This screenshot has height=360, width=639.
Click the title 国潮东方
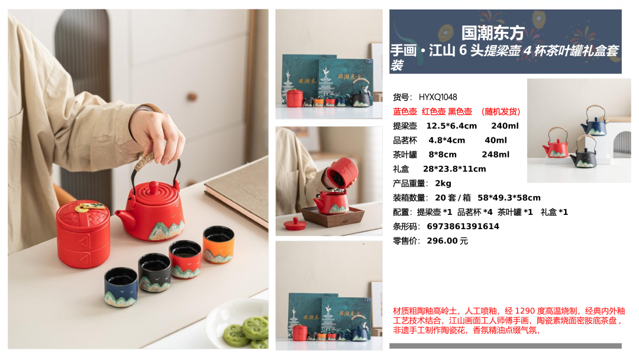(x=492, y=33)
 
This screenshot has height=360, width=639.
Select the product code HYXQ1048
(x=438, y=97)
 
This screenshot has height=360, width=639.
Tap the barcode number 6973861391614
(x=463, y=226)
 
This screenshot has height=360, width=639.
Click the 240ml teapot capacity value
(x=505, y=126)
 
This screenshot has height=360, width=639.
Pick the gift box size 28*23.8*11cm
(x=454, y=169)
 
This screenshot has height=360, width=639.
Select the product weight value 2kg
(x=443, y=184)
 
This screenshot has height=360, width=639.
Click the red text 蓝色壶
(x=405, y=111)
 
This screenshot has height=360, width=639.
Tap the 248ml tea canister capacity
(x=496, y=155)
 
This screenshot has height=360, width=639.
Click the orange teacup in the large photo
(x=218, y=244)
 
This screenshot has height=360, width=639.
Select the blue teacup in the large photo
(x=121, y=287)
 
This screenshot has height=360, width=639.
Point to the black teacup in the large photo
(x=154, y=272)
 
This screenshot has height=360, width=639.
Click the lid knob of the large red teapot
(x=154, y=188)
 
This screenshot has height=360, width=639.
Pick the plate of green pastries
(x=238, y=324)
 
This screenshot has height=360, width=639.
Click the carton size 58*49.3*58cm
(x=509, y=198)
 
